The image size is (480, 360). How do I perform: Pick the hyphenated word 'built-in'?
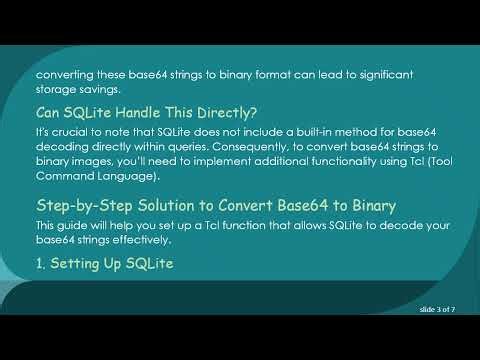[303, 133]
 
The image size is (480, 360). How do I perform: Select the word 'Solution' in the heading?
[165, 205]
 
